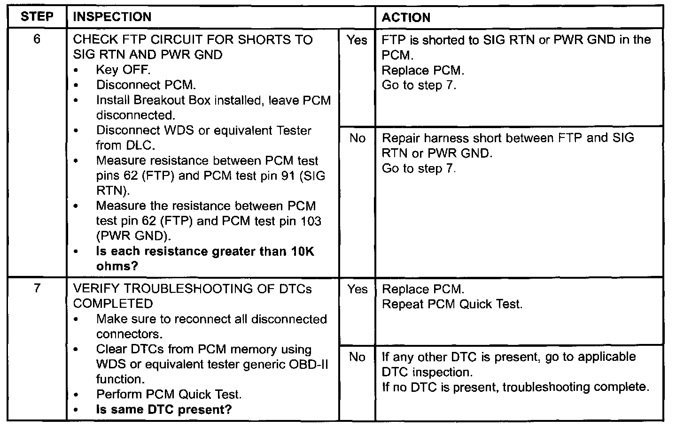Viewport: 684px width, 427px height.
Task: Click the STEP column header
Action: click(37, 17)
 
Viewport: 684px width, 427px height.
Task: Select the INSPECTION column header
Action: click(112, 17)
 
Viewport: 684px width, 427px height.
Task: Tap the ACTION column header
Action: click(406, 17)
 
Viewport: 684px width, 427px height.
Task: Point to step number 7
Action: click(37, 288)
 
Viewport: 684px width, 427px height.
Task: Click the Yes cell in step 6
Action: click(357, 40)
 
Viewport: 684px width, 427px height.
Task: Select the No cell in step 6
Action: click(357, 138)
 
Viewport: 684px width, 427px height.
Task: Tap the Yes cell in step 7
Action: click(357, 290)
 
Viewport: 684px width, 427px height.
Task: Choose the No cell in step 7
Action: click(357, 357)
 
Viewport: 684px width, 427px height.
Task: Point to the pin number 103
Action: click(311, 221)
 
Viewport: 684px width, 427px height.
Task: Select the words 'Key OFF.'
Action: click(123, 70)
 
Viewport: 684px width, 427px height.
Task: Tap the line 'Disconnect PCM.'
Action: click(146, 85)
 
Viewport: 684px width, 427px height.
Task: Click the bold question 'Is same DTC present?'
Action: click(164, 409)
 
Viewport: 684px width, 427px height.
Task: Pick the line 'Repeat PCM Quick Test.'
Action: click(452, 304)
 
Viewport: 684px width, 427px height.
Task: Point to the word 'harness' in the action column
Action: click(443, 138)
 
